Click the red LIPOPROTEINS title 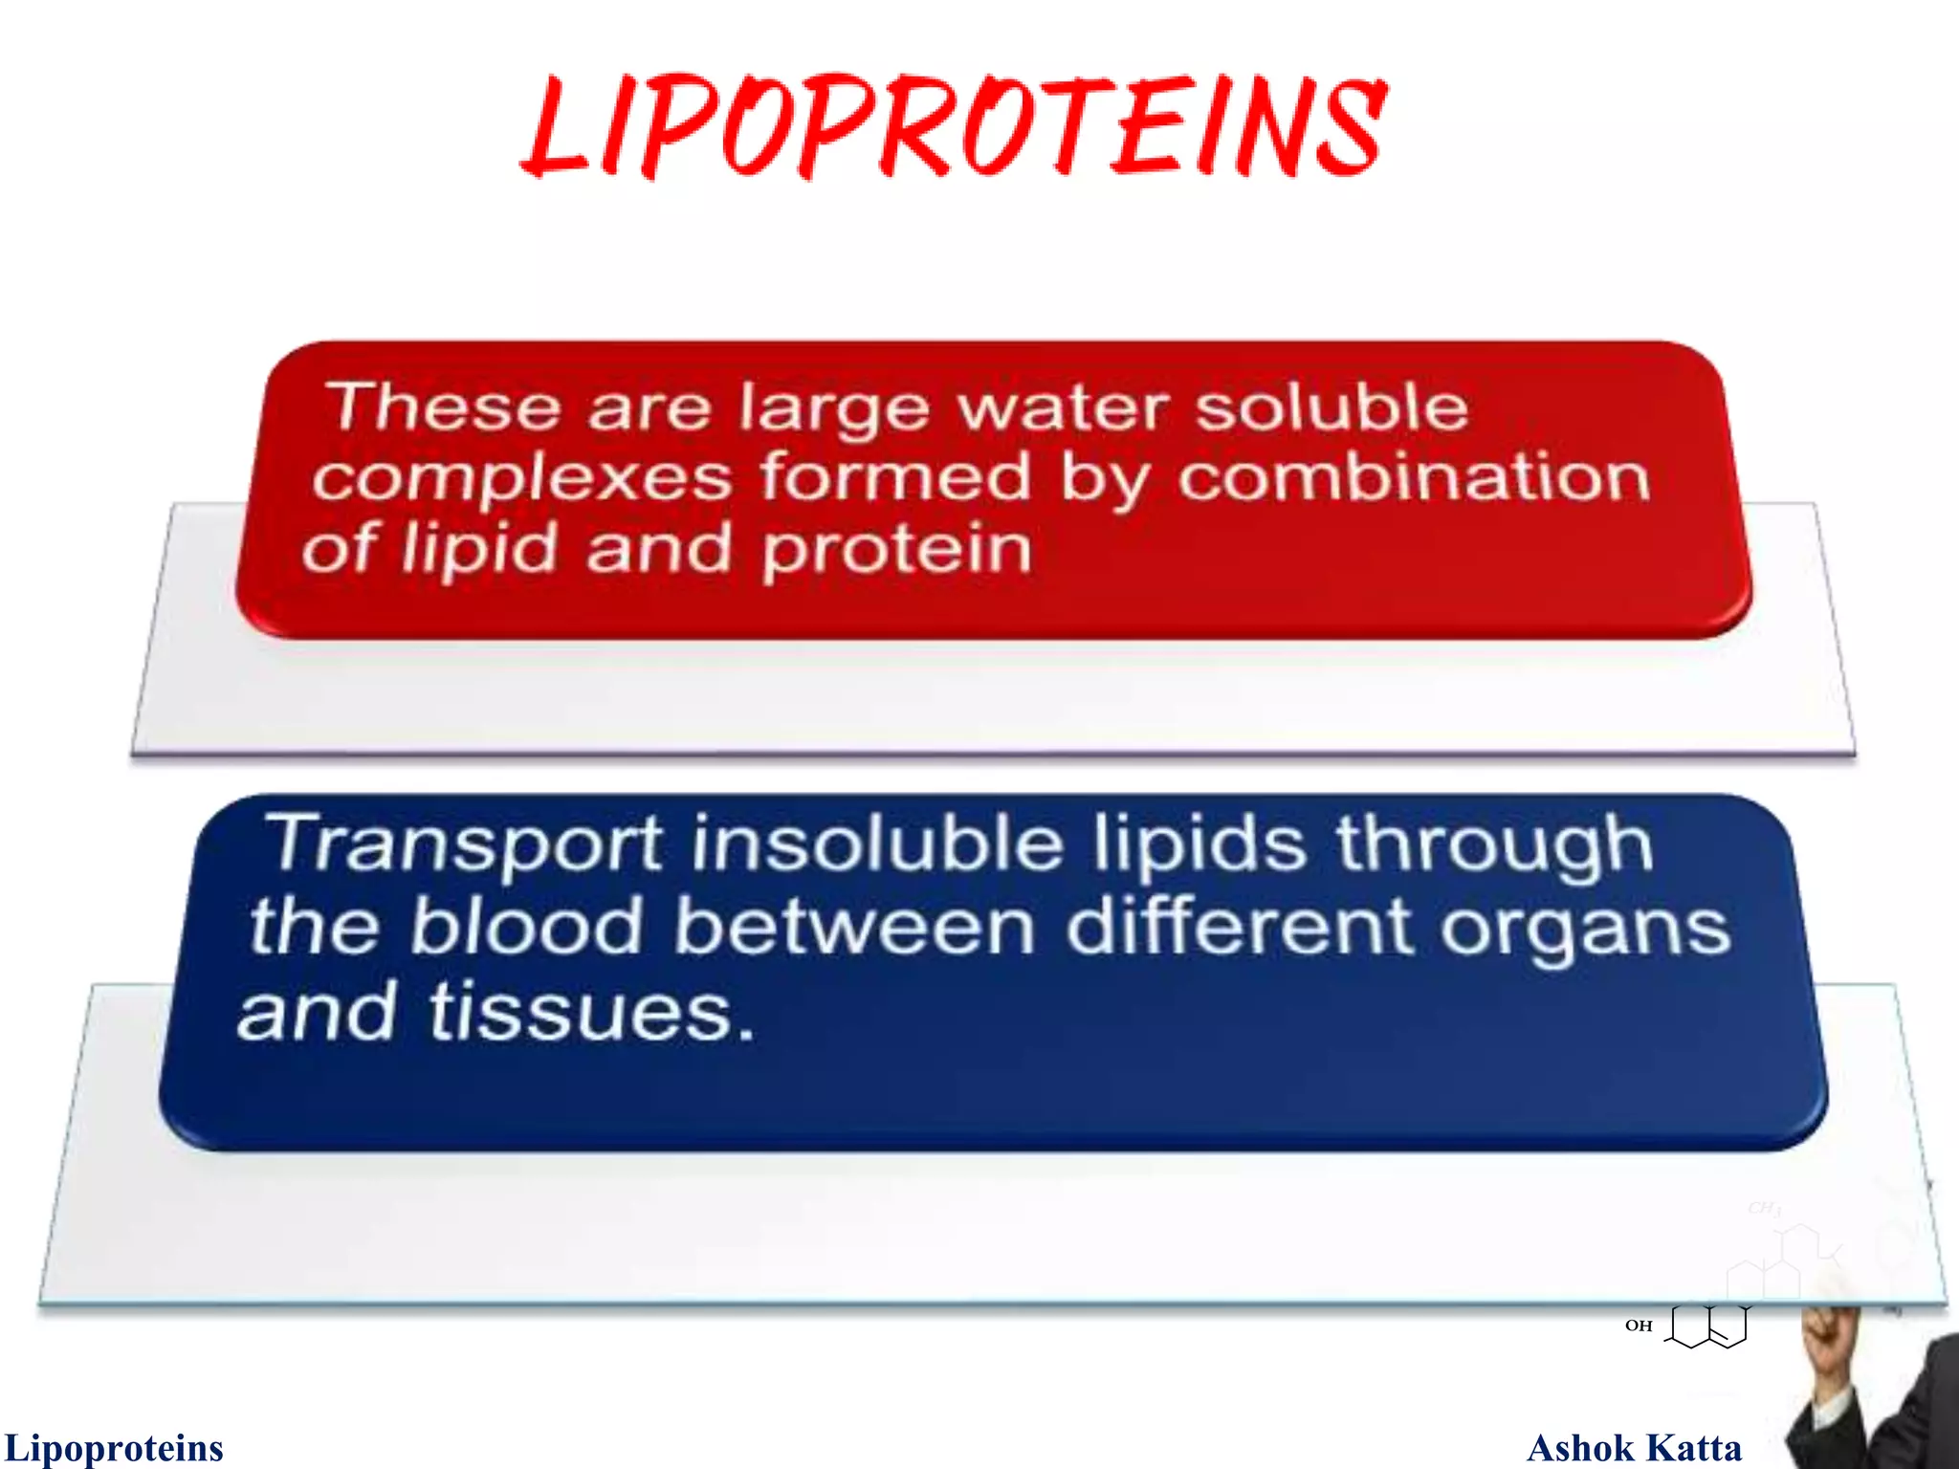(x=955, y=127)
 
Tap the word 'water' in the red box (x=1062, y=408)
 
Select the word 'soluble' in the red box (x=1332, y=406)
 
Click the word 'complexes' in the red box (x=521, y=478)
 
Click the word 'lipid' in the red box (x=478, y=550)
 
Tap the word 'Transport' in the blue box (x=464, y=845)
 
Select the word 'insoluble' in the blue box (x=877, y=844)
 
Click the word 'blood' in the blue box (x=526, y=927)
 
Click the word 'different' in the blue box (x=1239, y=927)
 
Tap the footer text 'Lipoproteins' (x=114, y=1448)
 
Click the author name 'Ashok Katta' (x=1634, y=1448)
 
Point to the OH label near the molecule (x=1639, y=1326)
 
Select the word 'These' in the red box (x=444, y=406)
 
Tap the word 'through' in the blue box (x=1494, y=845)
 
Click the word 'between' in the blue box (x=854, y=927)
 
